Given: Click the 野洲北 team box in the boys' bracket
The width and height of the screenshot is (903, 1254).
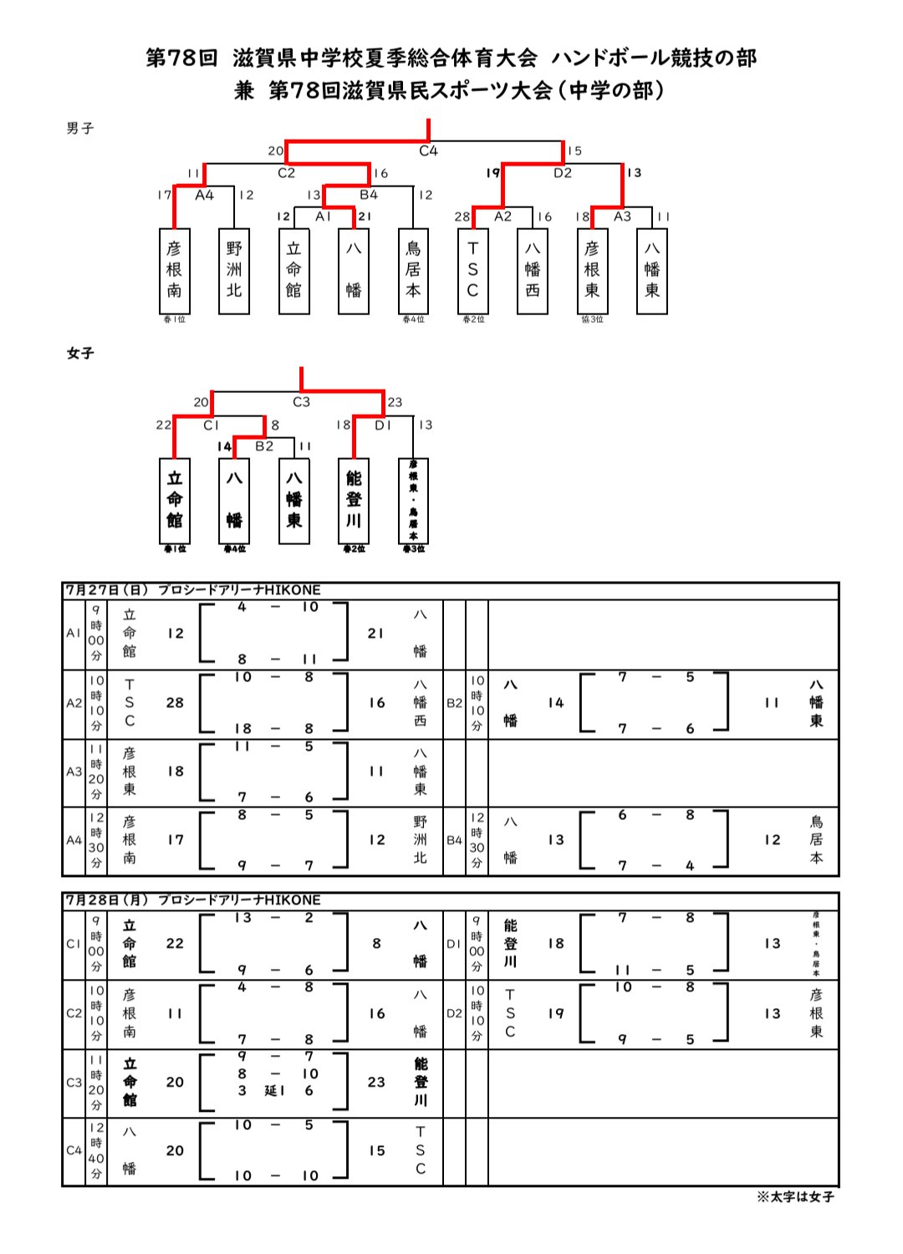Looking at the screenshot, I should (234, 271).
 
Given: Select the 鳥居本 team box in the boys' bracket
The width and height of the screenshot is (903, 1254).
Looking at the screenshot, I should (413, 271).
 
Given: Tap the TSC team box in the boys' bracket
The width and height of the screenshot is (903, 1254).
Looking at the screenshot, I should (472, 271).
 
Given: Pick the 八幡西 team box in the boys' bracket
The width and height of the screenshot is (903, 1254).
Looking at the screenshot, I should (533, 271).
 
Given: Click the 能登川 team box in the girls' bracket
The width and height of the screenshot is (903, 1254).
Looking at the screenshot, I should (354, 500).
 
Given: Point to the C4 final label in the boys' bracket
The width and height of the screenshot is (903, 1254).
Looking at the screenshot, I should (428, 151).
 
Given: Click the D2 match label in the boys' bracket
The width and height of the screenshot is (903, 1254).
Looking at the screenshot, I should (563, 173).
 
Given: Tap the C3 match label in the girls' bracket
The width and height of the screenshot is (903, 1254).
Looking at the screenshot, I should (301, 402).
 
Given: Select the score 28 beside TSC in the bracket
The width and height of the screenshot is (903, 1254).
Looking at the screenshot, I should (462, 217).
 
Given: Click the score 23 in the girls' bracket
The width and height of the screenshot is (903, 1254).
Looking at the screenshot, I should (395, 402).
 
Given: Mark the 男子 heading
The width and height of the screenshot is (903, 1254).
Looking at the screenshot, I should (80, 129).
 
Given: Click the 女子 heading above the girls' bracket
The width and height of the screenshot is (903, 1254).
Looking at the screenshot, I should (80, 354).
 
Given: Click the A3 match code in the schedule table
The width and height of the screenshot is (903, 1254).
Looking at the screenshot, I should (74, 772).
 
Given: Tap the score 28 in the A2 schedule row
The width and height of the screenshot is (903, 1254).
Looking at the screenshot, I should (175, 703).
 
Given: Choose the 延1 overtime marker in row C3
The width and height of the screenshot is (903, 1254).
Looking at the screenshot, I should (275, 1091).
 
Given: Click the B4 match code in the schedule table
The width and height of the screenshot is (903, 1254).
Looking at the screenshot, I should (454, 840).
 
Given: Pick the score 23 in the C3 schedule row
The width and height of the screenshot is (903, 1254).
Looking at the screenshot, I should (376, 1083).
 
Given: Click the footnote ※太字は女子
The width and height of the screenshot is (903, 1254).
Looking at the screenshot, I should (795, 1196).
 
